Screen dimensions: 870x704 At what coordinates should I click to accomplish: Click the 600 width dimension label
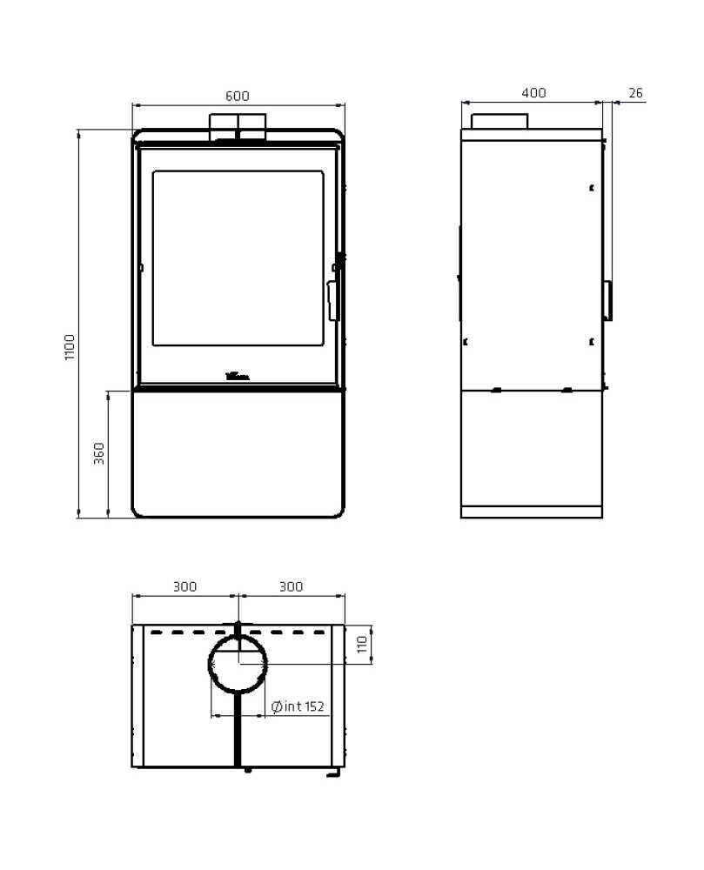click(238, 95)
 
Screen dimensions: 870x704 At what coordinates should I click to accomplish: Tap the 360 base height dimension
click(99, 453)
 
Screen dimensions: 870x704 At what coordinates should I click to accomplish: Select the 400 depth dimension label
click(534, 93)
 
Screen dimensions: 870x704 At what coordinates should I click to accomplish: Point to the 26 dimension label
click(634, 93)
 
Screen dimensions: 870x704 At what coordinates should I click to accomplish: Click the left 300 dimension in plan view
click(184, 586)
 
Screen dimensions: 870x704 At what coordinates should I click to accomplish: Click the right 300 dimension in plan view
click(292, 586)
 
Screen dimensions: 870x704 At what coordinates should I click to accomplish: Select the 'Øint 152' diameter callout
click(298, 706)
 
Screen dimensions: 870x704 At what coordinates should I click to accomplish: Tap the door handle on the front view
click(332, 299)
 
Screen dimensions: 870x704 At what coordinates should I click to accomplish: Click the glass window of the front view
click(238, 258)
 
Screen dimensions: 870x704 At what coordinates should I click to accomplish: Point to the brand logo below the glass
click(238, 377)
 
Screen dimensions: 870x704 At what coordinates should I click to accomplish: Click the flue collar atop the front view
click(238, 126)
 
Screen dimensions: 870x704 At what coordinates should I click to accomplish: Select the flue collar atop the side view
click(500, 122)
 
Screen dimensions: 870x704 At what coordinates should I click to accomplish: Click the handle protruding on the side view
click(608, 300)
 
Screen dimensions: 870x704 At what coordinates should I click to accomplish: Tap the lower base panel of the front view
click(238, 452)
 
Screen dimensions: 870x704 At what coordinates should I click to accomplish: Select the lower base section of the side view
click(531, 448)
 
